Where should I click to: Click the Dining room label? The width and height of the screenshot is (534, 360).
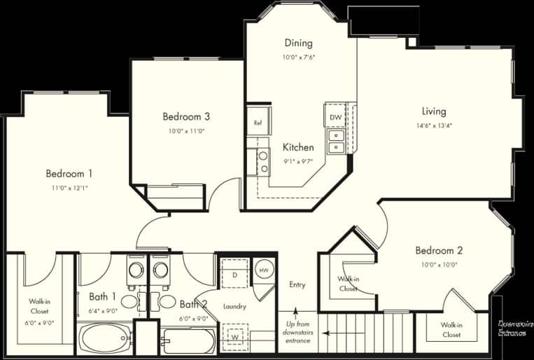pos(298,43)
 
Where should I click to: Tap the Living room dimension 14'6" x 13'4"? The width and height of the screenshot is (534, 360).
pos(433,127)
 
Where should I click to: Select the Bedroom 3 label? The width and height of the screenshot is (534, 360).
pos(186,116)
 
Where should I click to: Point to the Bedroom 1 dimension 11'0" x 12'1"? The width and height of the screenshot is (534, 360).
pos(69,188)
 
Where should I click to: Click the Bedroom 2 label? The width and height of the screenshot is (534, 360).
pos(439,250)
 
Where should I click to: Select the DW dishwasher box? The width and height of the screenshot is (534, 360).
pos(335,117)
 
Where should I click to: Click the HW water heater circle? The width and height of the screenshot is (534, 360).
pos(264,270)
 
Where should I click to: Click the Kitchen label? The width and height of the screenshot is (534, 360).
pos(298,148)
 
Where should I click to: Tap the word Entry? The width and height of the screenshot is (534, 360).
pos(297,285)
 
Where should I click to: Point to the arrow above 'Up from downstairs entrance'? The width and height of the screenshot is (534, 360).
pos(297,313)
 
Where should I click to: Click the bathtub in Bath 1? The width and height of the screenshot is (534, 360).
pos(104,339)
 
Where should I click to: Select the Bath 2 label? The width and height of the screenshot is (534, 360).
pos(193,304)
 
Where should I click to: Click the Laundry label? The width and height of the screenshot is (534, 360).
pos(234,307)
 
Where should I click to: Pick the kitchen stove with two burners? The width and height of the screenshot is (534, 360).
pos(263,162)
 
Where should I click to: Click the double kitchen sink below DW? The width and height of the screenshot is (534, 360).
pos(337,141)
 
